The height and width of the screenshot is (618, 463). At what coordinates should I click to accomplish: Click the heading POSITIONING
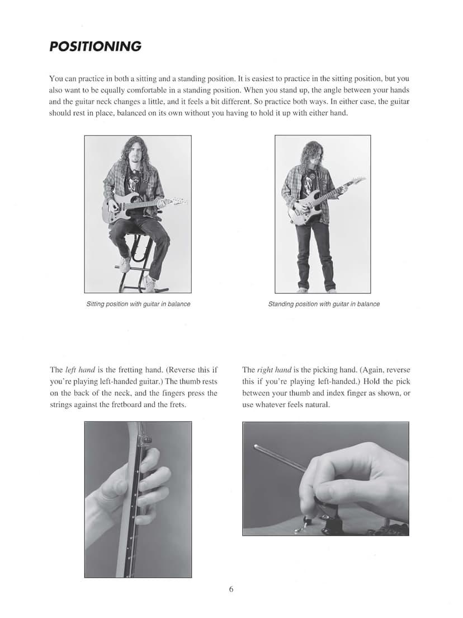coord(95,46)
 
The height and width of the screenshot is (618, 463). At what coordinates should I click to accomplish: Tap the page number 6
coord(231,589)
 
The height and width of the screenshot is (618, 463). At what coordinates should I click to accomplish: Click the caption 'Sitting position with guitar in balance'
coord(138,304)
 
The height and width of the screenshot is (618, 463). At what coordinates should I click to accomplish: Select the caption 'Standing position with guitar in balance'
coord(324,304)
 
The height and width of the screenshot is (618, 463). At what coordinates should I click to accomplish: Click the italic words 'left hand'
coord(77,370)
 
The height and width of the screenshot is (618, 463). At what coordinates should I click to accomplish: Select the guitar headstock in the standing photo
coord(357,181)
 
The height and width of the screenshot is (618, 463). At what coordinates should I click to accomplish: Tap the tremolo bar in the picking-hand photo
coord(280,457)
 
